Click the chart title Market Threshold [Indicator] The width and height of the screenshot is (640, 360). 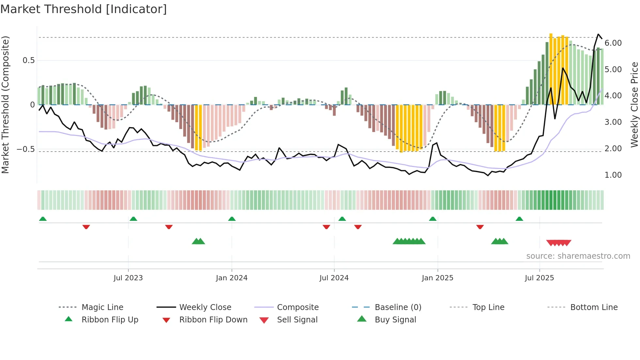coord(84,9)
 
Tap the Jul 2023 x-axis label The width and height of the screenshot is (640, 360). coord(128,278)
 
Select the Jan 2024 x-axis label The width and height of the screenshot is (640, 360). coord(232,278)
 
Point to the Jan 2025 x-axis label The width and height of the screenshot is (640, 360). coord(437,278)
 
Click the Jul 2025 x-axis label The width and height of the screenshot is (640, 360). coord(539,278)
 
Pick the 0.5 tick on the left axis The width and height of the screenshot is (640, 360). coord(28,60)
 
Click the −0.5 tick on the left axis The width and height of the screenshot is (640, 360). coord(26,149)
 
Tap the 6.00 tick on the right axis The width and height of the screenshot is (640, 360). coord(613,43)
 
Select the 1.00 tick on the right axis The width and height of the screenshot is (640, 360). coord(613,175)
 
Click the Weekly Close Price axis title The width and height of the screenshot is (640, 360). coord(634,105)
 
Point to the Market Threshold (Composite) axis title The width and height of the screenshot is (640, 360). coord(5,105)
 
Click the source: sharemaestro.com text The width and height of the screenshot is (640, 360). coord(578,256)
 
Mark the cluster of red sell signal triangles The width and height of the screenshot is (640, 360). coord(559,243)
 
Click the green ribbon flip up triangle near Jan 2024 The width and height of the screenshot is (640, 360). coord(232,219)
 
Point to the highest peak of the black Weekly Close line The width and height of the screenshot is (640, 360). coord(598,34)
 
